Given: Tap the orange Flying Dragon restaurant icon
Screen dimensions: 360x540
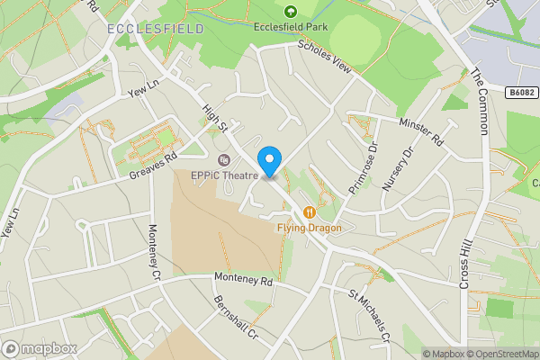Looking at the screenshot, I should (309, 212).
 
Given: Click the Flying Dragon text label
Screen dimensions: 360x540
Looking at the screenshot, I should (309, 229).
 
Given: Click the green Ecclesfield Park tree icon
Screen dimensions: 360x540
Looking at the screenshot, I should (290, 12).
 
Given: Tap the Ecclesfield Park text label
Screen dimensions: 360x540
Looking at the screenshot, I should (290, 28).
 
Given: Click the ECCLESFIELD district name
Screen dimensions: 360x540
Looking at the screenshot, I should (155, 29).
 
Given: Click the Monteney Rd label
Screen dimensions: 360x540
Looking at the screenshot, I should (242, 281).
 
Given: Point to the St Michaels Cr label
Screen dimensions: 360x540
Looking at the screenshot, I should (369, 315).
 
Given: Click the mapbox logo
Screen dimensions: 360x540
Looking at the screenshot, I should (40, 348).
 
